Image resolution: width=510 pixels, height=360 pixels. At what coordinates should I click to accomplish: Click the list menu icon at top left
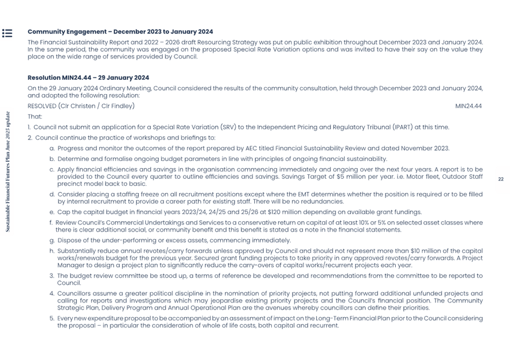(x=7, y=33)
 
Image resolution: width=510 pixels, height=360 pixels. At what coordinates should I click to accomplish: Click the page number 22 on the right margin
(x=500, y=179)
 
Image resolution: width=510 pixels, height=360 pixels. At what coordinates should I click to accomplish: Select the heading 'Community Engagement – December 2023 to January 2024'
(x=120, y=32)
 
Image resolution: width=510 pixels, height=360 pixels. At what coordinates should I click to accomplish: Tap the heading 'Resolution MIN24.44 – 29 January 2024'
(x=88, y=78)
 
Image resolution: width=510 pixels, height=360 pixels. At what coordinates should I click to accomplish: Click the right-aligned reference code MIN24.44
(x=468, y=106)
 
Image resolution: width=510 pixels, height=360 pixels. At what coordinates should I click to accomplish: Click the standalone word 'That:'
(x=34, y=116)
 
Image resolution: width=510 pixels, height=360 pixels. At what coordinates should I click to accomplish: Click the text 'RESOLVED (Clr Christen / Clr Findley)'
(x=81, y=106)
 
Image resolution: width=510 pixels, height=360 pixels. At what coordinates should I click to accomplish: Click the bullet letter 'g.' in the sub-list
(x=52, y=241)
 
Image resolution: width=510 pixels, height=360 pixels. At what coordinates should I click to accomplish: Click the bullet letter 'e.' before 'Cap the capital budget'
(x=52, y=212)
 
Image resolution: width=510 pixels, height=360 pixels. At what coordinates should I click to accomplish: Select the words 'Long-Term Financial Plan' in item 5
(x=342, y=318)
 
